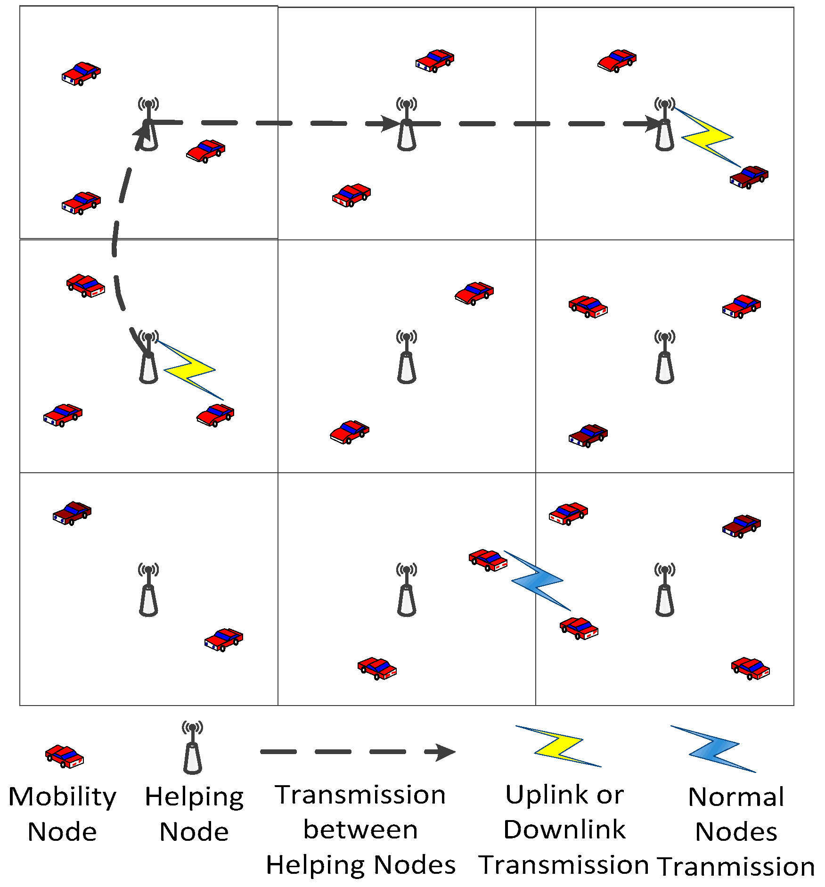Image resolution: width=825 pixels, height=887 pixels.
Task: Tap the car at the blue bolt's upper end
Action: (x=488, y=560)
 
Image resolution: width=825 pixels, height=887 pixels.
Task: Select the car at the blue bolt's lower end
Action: (x=579, y=628)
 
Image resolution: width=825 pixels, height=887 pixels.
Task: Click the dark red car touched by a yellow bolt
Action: (x=749, y=177)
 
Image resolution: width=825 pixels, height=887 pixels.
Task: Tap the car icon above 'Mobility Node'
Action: (x=65, y=756)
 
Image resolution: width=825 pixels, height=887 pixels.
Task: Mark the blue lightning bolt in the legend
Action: (x=713, y=749)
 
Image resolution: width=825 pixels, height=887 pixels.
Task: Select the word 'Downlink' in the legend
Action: (x=564, y=830)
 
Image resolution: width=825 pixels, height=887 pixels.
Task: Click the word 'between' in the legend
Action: (x=360, y=830)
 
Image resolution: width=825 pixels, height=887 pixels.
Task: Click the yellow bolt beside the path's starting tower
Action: (x=190, y=370)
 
